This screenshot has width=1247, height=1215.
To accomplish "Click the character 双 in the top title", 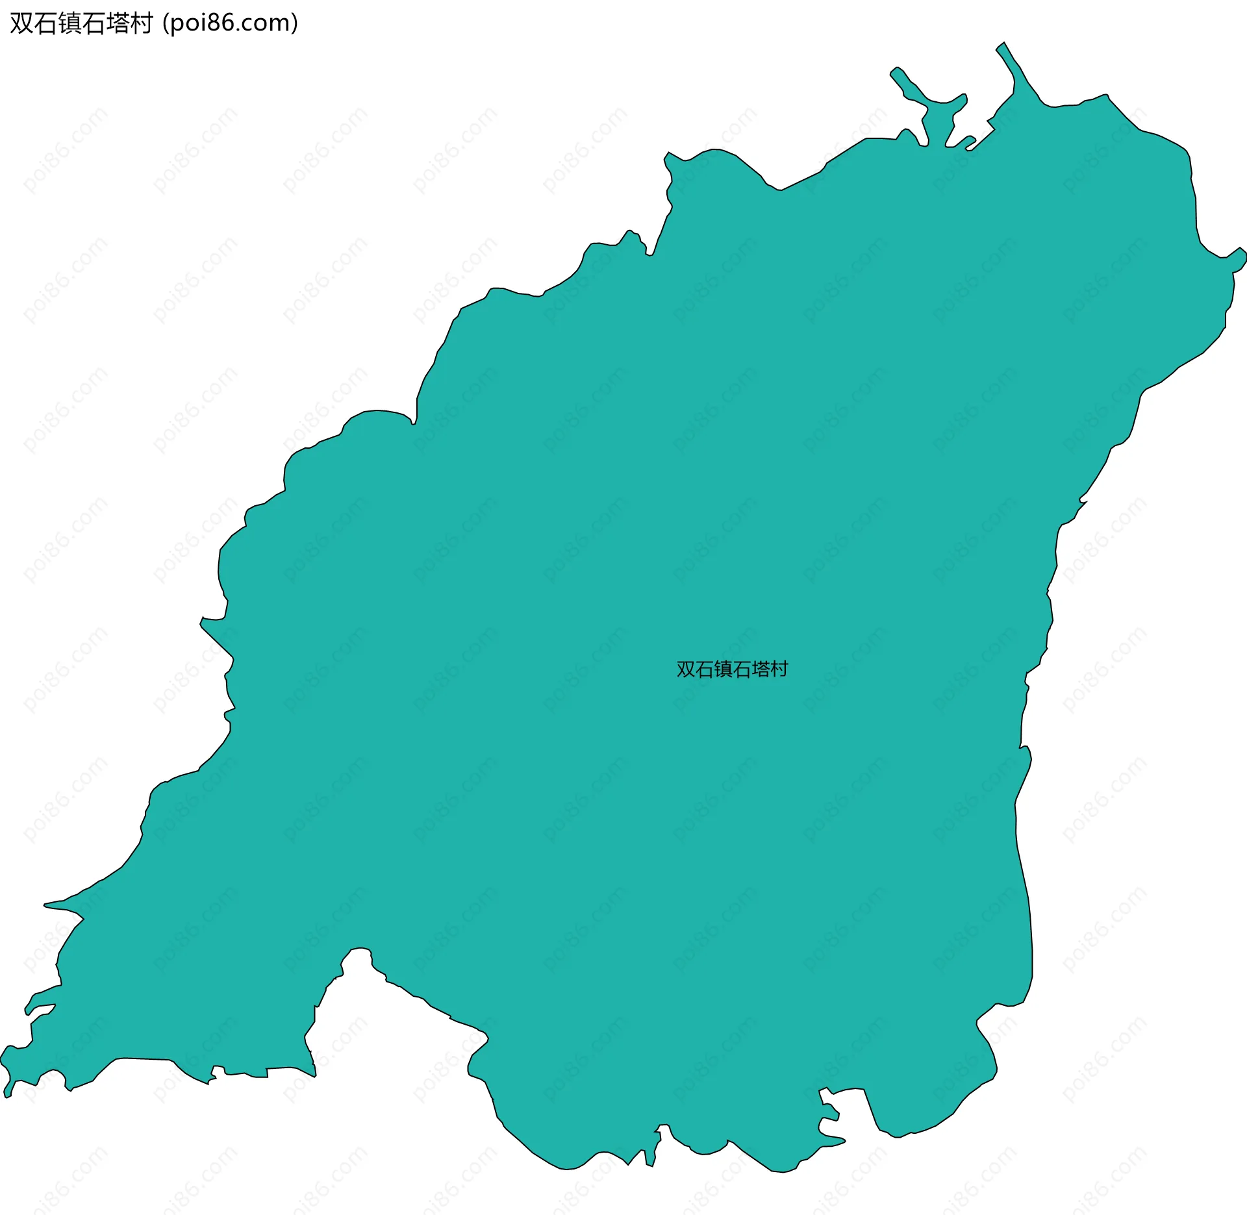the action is (22, 23).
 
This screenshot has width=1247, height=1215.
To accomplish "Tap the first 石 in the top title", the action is (46, 23).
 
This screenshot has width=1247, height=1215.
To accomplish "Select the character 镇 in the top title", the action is (70, 23).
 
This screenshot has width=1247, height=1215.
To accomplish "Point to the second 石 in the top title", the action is (94, 23).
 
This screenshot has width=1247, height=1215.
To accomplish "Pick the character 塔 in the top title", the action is (118, 23).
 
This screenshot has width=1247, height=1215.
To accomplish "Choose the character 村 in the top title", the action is (142, 23).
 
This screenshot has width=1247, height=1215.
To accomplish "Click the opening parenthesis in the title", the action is (166, 24).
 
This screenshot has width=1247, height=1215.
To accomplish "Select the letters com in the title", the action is (266, 24).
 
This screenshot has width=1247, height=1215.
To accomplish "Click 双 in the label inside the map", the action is (686, 670).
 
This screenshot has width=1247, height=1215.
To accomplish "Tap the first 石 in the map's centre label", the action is (705, 670).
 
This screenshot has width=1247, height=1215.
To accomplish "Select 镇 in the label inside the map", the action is (724, 670).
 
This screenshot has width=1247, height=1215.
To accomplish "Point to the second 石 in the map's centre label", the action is (742, 670).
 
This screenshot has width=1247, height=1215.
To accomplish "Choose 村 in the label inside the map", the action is (779, 670).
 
